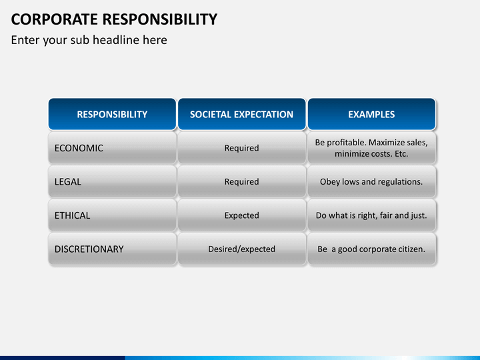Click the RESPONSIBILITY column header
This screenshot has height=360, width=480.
pos(112,114)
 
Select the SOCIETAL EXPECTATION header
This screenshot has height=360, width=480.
pos(241,114)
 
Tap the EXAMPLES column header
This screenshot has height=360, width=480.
pos(371,114)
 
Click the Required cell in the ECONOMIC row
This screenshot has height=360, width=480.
pos(241,148)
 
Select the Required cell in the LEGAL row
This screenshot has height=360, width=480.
pos(241,181)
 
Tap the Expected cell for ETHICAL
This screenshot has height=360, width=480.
pos(241,215)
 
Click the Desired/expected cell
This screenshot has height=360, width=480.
pos(241,249)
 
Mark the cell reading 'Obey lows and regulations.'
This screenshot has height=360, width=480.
pos(371,181)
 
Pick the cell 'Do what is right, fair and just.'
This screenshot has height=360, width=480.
pos(371,215)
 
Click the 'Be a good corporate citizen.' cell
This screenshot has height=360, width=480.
pos(371,249)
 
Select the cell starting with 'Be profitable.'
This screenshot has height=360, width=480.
pos(371,148)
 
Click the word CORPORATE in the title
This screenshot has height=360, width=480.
pos(55,19)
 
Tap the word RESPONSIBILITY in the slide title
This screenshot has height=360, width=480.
pos(160,19)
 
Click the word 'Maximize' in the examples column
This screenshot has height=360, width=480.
pos(388,143)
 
